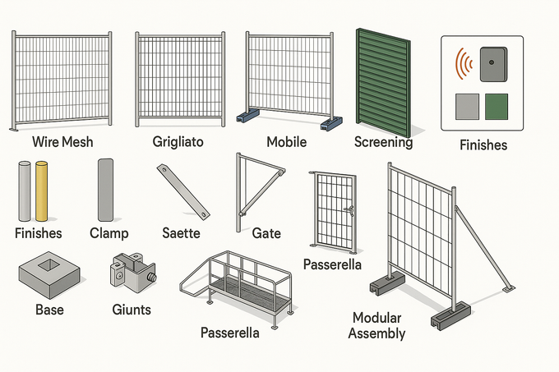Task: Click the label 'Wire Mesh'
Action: coord(62,142)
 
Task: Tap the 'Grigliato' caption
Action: coord(178,142)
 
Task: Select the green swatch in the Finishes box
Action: coord(497,107)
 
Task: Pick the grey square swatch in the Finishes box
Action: coord(467,107)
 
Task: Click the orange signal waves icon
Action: coord(463,63)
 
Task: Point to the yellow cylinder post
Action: coord(41,191)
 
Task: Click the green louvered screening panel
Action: coord(383,83)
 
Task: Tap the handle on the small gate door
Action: coord(349,210)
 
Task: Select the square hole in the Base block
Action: coord(49,264)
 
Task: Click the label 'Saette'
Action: coord(181,233)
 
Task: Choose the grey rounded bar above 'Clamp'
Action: coord(105,190)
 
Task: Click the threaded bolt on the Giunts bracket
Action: coord(152,277)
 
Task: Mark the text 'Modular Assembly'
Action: coord(377,326)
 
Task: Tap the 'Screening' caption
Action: coord(384,142)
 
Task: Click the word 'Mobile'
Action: coord(287,142)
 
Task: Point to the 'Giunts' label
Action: coord(132,310)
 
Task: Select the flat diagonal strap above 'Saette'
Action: coord(183,191)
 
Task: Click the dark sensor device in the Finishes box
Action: coord(493,64)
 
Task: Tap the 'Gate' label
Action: coord(266,233)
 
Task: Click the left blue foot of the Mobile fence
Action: coord(248,115)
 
